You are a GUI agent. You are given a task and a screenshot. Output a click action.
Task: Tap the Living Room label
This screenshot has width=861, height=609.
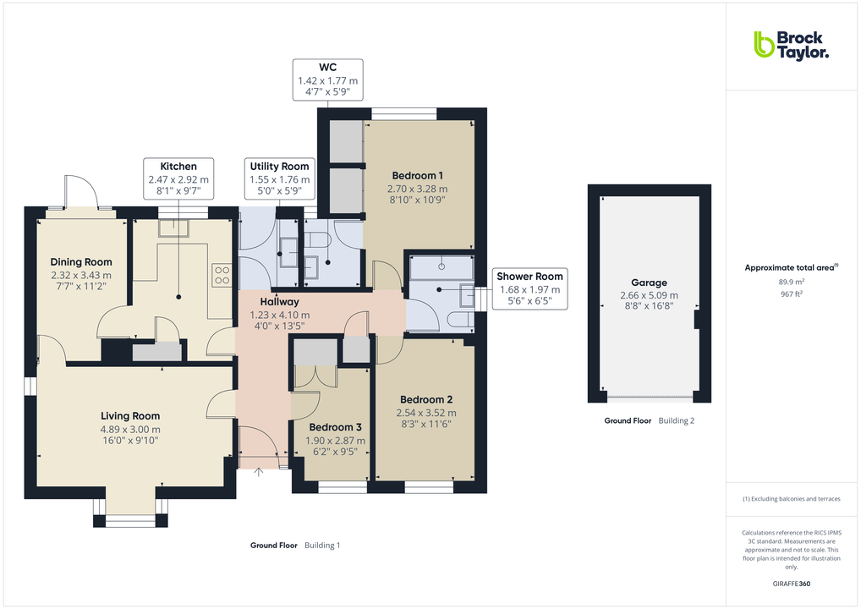tap(130, 415)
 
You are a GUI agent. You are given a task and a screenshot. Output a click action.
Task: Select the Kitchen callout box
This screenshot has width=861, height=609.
tap(178, 179)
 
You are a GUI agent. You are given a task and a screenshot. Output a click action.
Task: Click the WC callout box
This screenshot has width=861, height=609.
tap(328, 80)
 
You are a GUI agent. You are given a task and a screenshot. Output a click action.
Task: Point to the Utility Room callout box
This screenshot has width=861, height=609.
tap(279, 179)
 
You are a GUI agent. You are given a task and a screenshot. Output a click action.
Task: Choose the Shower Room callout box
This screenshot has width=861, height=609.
tap(529, 289)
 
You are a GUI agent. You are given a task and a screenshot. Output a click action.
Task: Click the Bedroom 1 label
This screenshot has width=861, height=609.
tap(417, 176)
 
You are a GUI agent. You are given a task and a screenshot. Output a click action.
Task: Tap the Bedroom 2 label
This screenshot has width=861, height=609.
tap(426, 399)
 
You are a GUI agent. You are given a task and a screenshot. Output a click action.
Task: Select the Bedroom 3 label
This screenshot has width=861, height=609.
tap(335, 427)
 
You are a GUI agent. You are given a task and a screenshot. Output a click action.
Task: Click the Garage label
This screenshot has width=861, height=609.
tap(649, 283)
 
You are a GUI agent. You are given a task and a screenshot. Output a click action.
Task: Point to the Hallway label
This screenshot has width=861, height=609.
tap(279, 301)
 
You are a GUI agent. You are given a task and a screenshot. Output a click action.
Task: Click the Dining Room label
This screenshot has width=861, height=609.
tap(81, 262)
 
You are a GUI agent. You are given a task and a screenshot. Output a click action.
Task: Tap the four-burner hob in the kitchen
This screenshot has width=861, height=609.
tap(222, 274)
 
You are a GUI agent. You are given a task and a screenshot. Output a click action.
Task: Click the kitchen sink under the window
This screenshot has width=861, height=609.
tap(179, 226)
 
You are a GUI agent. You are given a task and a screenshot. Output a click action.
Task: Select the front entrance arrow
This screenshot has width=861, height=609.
tap(258, 471)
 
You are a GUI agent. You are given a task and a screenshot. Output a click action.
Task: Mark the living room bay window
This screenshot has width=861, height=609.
tap(130, 516)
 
